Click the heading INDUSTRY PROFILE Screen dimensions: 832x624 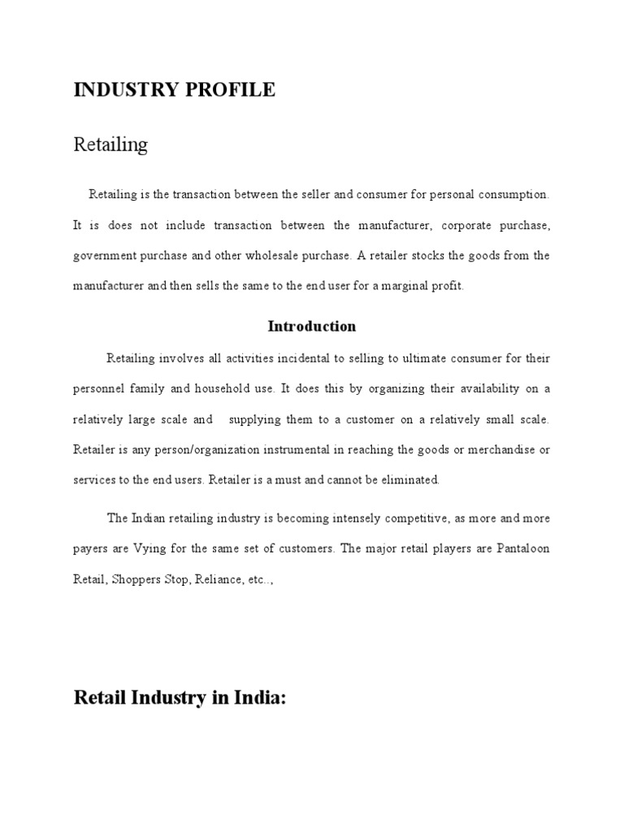pos(174,90)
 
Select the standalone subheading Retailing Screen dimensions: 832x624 pos(110,145)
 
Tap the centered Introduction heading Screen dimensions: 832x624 pos(312,327)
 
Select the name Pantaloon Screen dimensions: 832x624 pos(522,548)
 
